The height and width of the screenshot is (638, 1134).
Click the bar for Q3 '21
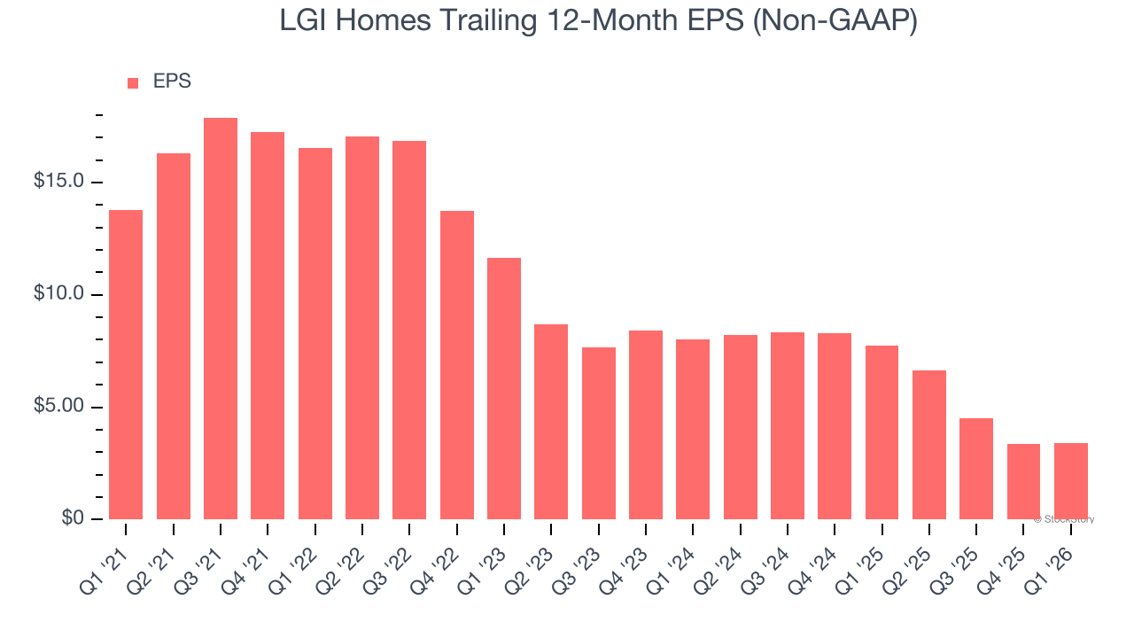221,319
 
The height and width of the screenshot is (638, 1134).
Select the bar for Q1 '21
126,365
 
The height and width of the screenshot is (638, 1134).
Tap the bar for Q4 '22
457,365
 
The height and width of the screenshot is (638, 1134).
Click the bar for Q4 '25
1023,481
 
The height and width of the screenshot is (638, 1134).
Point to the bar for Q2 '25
929,445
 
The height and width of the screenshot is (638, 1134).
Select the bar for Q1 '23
504,389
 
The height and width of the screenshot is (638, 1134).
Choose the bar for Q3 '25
976,469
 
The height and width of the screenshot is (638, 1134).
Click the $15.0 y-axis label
58,182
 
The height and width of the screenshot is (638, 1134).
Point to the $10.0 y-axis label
58,294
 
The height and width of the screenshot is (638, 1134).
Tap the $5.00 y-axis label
58,407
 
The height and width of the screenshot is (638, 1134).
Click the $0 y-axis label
73,518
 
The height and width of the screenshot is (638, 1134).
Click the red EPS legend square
133,83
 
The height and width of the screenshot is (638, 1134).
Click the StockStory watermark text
1064,519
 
